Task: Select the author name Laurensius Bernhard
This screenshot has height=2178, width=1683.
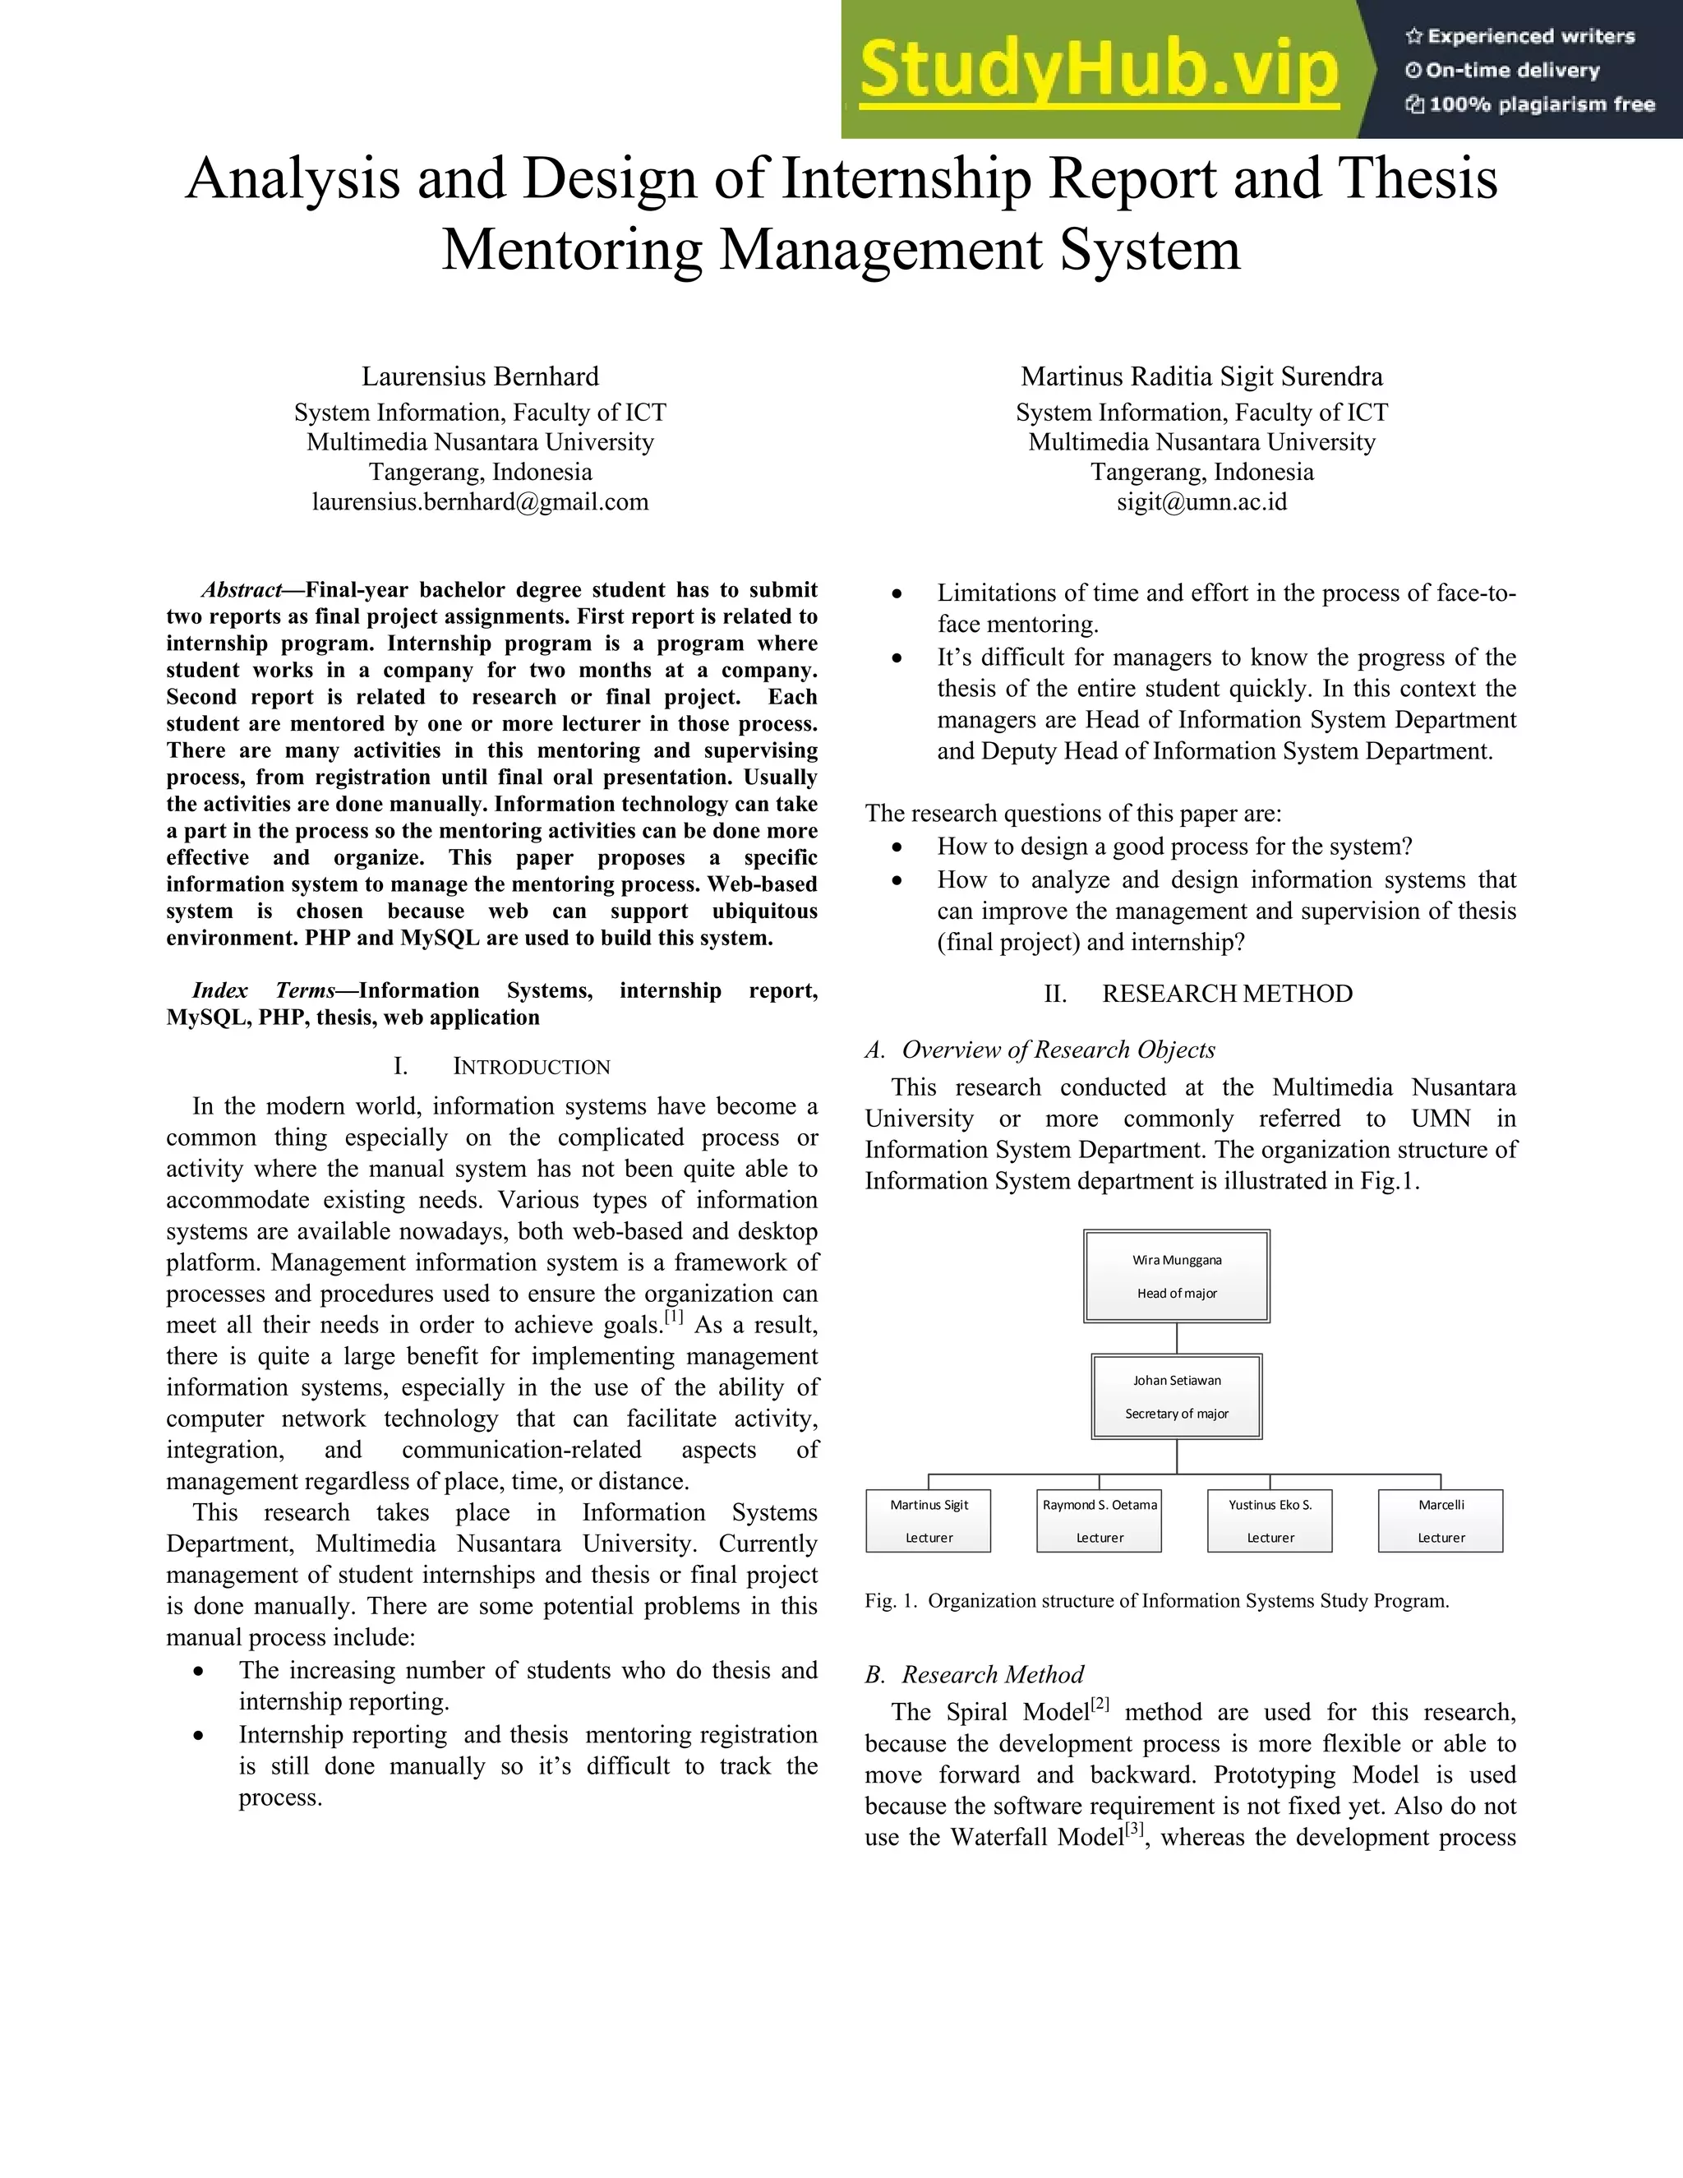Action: pyautogui.click(x=480, y=377)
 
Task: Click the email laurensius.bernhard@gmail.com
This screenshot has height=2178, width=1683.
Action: pyautogui.click(x=480, y=501)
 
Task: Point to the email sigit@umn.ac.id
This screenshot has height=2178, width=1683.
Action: pyautogui.click(x=1201, y=501)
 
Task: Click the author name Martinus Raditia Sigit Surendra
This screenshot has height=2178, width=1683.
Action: pyautogui.click(x=1201, y=377)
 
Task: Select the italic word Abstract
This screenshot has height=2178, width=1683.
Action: pyautogui.click(x=242, y=590)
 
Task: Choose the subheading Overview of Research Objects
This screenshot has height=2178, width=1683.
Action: pyautogui.click(x=1058, y=1050)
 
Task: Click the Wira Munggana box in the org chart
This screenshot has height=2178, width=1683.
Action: pyautogui.click(x=1177, y=1276)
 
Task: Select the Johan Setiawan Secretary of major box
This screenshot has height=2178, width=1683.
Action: pyautogui.click(x=1177, y=1396)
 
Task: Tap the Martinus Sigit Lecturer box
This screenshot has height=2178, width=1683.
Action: pyautogui.click(x=929, y=1520)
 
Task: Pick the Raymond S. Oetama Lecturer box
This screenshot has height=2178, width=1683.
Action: pyautogui.click(x=1099, y=1520)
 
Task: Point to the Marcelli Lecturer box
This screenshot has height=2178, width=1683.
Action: pyautogui.click(x=1441, y=1520)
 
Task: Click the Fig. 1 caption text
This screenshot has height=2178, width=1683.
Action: pyautogui.click(x=1156, y=1602)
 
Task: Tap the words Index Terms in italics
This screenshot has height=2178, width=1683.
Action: pyautogui.click(x=265, y=991)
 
